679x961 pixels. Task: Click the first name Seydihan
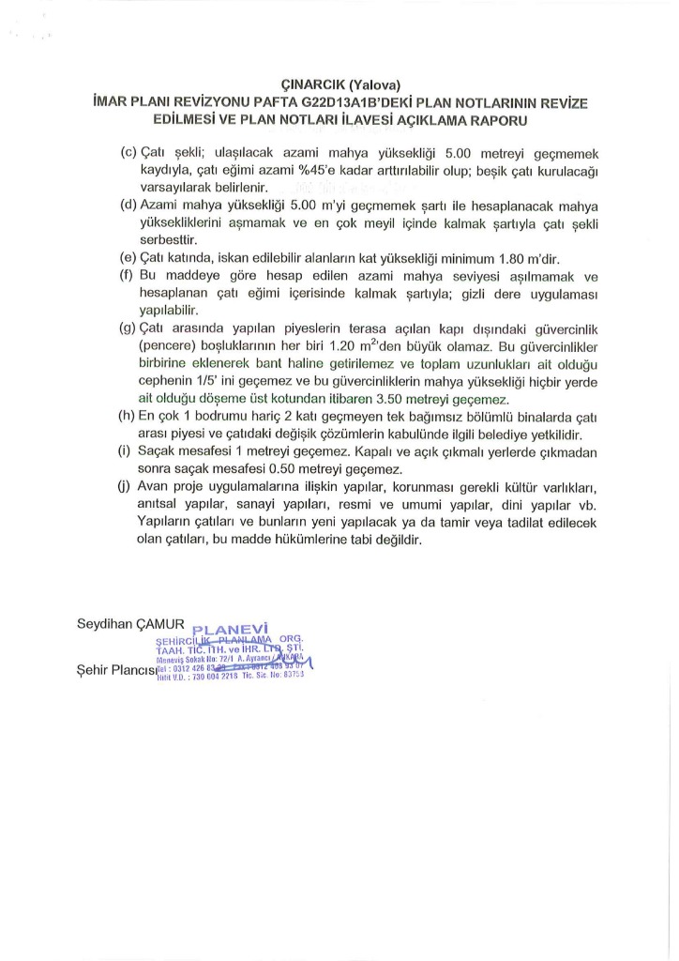104,624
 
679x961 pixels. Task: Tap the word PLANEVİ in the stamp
230,629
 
